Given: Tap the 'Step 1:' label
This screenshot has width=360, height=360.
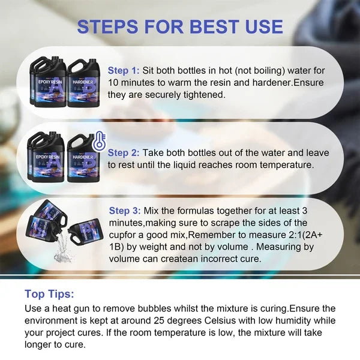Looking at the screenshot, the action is click(x=124, y=70).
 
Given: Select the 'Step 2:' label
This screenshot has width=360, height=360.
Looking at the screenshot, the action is click(x=124, y=152).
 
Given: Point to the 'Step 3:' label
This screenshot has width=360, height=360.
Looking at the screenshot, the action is click(x=125, y=211).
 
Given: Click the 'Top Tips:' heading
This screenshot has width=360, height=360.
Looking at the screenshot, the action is click(x=49, y=293).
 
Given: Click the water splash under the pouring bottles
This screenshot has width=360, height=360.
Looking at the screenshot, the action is click(x=61, y=250).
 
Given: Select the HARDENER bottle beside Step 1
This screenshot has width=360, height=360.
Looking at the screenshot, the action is click(x=83, y=83).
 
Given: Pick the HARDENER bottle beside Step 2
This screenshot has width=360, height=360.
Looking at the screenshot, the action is click(x=83, y=158).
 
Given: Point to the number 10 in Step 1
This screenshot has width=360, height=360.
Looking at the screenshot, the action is click(x=113, y=83).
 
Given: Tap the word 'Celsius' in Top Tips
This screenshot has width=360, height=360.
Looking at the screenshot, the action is click(x=220, y=320).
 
